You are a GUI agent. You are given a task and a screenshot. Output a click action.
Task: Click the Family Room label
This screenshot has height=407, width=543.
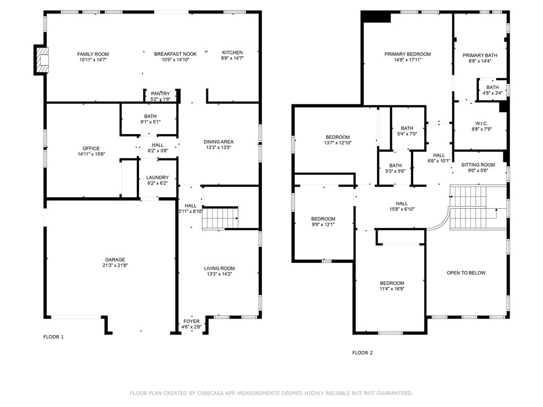pos(93,54)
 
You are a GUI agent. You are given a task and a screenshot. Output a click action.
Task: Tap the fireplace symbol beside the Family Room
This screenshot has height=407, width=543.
pos(41,59)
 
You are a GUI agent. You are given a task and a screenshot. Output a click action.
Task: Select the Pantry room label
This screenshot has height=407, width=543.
pos(160,94)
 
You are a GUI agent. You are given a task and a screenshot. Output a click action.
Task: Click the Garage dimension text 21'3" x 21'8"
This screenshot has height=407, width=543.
pos(115,266)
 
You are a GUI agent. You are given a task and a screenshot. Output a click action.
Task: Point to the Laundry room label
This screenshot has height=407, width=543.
pos(157,178)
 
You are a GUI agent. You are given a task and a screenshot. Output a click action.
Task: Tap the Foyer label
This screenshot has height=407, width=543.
pos(191,321)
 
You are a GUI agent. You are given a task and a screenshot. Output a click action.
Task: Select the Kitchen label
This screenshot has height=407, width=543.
pos(232,52)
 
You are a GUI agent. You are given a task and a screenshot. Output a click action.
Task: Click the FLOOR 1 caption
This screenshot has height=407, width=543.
pos(53,337)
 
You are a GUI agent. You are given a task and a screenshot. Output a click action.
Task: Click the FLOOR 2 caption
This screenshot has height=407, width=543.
pos(363,352)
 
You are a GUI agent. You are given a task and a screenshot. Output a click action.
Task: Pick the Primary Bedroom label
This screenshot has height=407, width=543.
pos(407,54)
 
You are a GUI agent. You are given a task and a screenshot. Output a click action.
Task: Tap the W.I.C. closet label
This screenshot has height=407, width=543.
pos(481,123)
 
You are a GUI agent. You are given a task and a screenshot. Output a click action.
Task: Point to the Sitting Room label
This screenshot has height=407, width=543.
pos(481,165)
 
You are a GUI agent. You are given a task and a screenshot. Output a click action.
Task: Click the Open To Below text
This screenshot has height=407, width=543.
pos(466,273)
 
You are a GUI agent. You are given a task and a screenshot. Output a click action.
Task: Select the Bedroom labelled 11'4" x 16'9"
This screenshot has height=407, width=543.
pos(392,283)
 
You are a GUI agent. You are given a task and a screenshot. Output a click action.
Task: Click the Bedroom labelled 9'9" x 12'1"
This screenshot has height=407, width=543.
pos(323,219)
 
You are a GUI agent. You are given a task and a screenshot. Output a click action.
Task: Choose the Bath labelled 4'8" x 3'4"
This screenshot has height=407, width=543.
pos(493,87)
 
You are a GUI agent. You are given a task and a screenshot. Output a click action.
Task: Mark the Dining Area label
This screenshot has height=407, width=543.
pos(218,141)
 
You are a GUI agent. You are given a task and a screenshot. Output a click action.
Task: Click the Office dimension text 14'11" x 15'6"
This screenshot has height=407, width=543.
pos(91,154)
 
